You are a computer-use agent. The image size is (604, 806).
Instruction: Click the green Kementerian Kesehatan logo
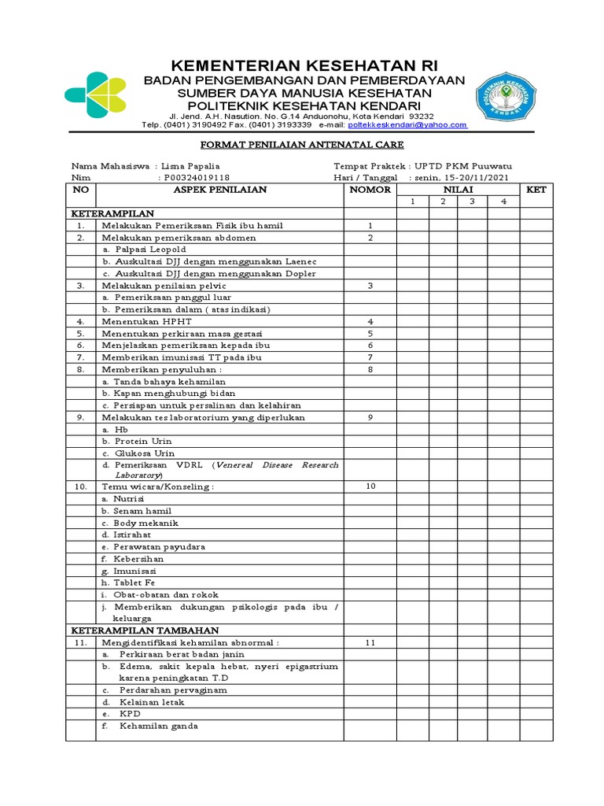[96, 98]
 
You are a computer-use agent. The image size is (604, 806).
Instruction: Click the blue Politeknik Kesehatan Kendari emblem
[506, 102]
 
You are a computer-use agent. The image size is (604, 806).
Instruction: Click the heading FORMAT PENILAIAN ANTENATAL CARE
[302, 145]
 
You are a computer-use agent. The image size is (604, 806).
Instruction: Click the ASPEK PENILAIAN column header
[219, 190]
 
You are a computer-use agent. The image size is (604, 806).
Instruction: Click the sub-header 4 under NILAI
[504, 201]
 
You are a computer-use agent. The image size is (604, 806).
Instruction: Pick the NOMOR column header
[370, 190]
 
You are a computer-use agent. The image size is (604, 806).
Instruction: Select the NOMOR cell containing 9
[370, 417]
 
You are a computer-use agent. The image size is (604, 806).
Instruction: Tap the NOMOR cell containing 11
[370, 642]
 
